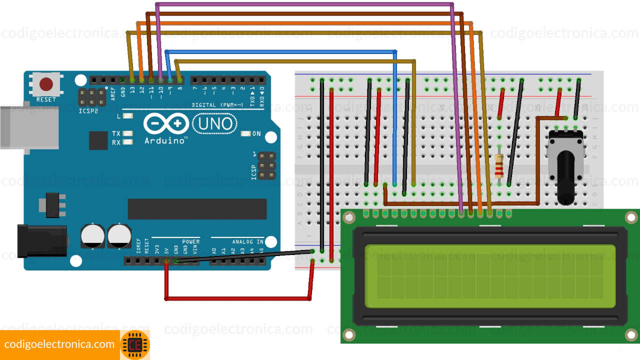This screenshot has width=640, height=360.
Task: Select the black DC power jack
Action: click(42, 240)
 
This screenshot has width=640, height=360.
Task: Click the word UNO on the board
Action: click(213, 123)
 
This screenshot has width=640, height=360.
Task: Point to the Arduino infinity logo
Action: click(166, 123)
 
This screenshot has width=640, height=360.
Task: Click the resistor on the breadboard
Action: click(499, 166)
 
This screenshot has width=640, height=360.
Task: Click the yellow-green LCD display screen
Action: click(490, 276)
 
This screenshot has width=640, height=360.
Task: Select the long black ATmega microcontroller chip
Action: click(197, 209)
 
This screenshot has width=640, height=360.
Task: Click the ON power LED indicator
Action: click(245, 133)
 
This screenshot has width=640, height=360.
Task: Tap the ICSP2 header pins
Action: click(92, 97)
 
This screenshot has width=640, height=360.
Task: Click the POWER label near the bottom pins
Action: click(190, 241)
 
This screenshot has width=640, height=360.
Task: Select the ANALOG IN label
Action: click(247, 241)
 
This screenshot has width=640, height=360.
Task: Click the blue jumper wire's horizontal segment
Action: click(280, 51)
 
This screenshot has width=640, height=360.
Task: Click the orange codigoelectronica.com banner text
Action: click(59, 344)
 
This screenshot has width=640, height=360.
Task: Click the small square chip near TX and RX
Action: click(98, 140)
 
